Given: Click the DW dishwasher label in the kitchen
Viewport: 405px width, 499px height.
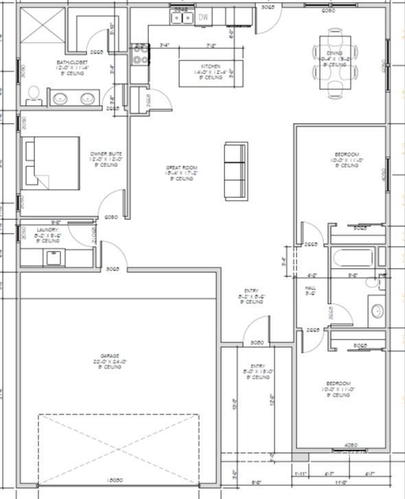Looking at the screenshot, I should pos(204,17).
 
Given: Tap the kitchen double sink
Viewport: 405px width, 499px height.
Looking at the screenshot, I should pos(181,19).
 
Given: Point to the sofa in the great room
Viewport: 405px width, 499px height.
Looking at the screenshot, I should pos(235,170).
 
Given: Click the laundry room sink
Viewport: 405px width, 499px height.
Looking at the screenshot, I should pos(53,258).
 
